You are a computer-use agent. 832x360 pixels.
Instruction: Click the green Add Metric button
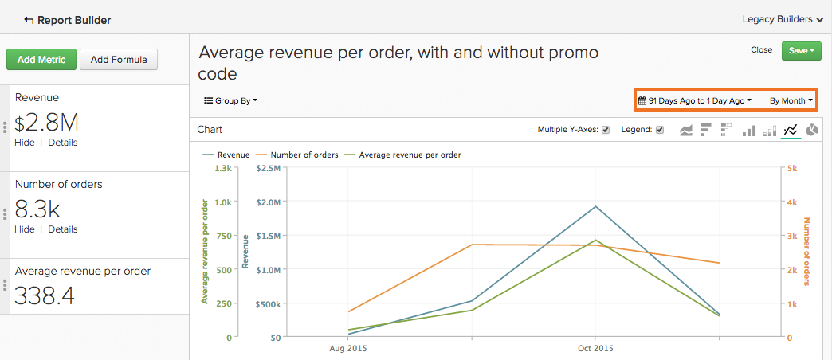41,59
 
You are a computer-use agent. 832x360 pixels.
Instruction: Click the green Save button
801,51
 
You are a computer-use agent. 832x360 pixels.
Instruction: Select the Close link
761,50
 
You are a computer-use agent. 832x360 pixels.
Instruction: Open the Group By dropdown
231,100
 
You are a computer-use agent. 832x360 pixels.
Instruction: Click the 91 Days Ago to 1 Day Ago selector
695,101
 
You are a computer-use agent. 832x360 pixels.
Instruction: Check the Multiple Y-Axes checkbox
606,130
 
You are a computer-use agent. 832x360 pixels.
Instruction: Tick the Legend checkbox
659,130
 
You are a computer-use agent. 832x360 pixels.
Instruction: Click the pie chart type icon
812,130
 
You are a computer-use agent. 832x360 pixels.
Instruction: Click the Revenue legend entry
233,155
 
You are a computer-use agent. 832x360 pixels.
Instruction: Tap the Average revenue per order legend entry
410,155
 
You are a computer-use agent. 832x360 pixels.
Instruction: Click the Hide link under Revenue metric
25,143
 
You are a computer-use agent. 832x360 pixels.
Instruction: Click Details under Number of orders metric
63,229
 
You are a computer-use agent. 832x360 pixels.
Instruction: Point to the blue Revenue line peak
595,206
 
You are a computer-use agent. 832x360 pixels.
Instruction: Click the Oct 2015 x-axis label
595,349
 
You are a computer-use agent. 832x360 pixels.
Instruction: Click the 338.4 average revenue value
45,296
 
